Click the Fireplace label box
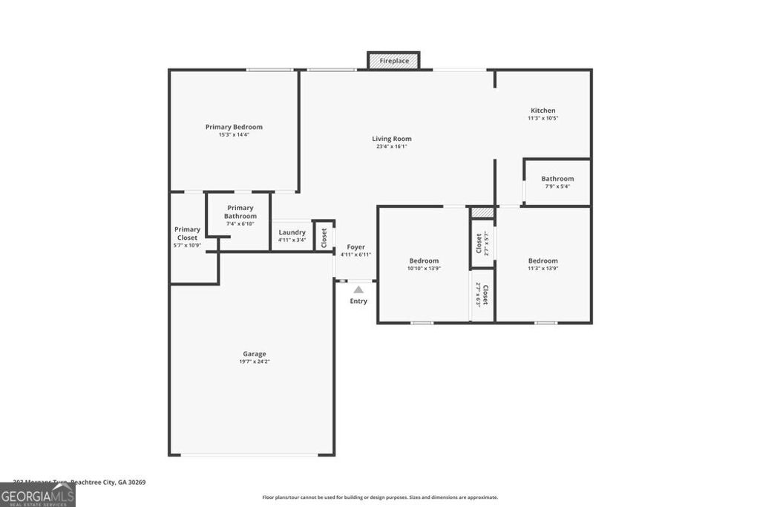click(394, 61)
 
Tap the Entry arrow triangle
click(358, 290)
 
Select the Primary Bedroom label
click(234, 127)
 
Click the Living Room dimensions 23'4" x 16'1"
click(392, 147)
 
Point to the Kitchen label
click(543, 111)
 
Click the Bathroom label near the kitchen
click(557, 179)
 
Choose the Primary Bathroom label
click(240, 212)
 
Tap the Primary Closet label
click(187, 233)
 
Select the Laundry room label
click(292, 232)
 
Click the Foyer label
click(356, 247)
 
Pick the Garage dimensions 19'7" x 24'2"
click(254, 362)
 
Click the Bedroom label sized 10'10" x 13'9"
click(424, 261)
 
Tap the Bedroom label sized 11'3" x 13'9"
click(543, 261)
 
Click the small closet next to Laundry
click(324, 237)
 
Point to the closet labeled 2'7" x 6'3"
click(482, 295)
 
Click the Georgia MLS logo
click(37, 494)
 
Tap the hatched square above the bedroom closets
click(482, 212)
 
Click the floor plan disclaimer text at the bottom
click(380, 497)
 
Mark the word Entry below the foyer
click(358, 301)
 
